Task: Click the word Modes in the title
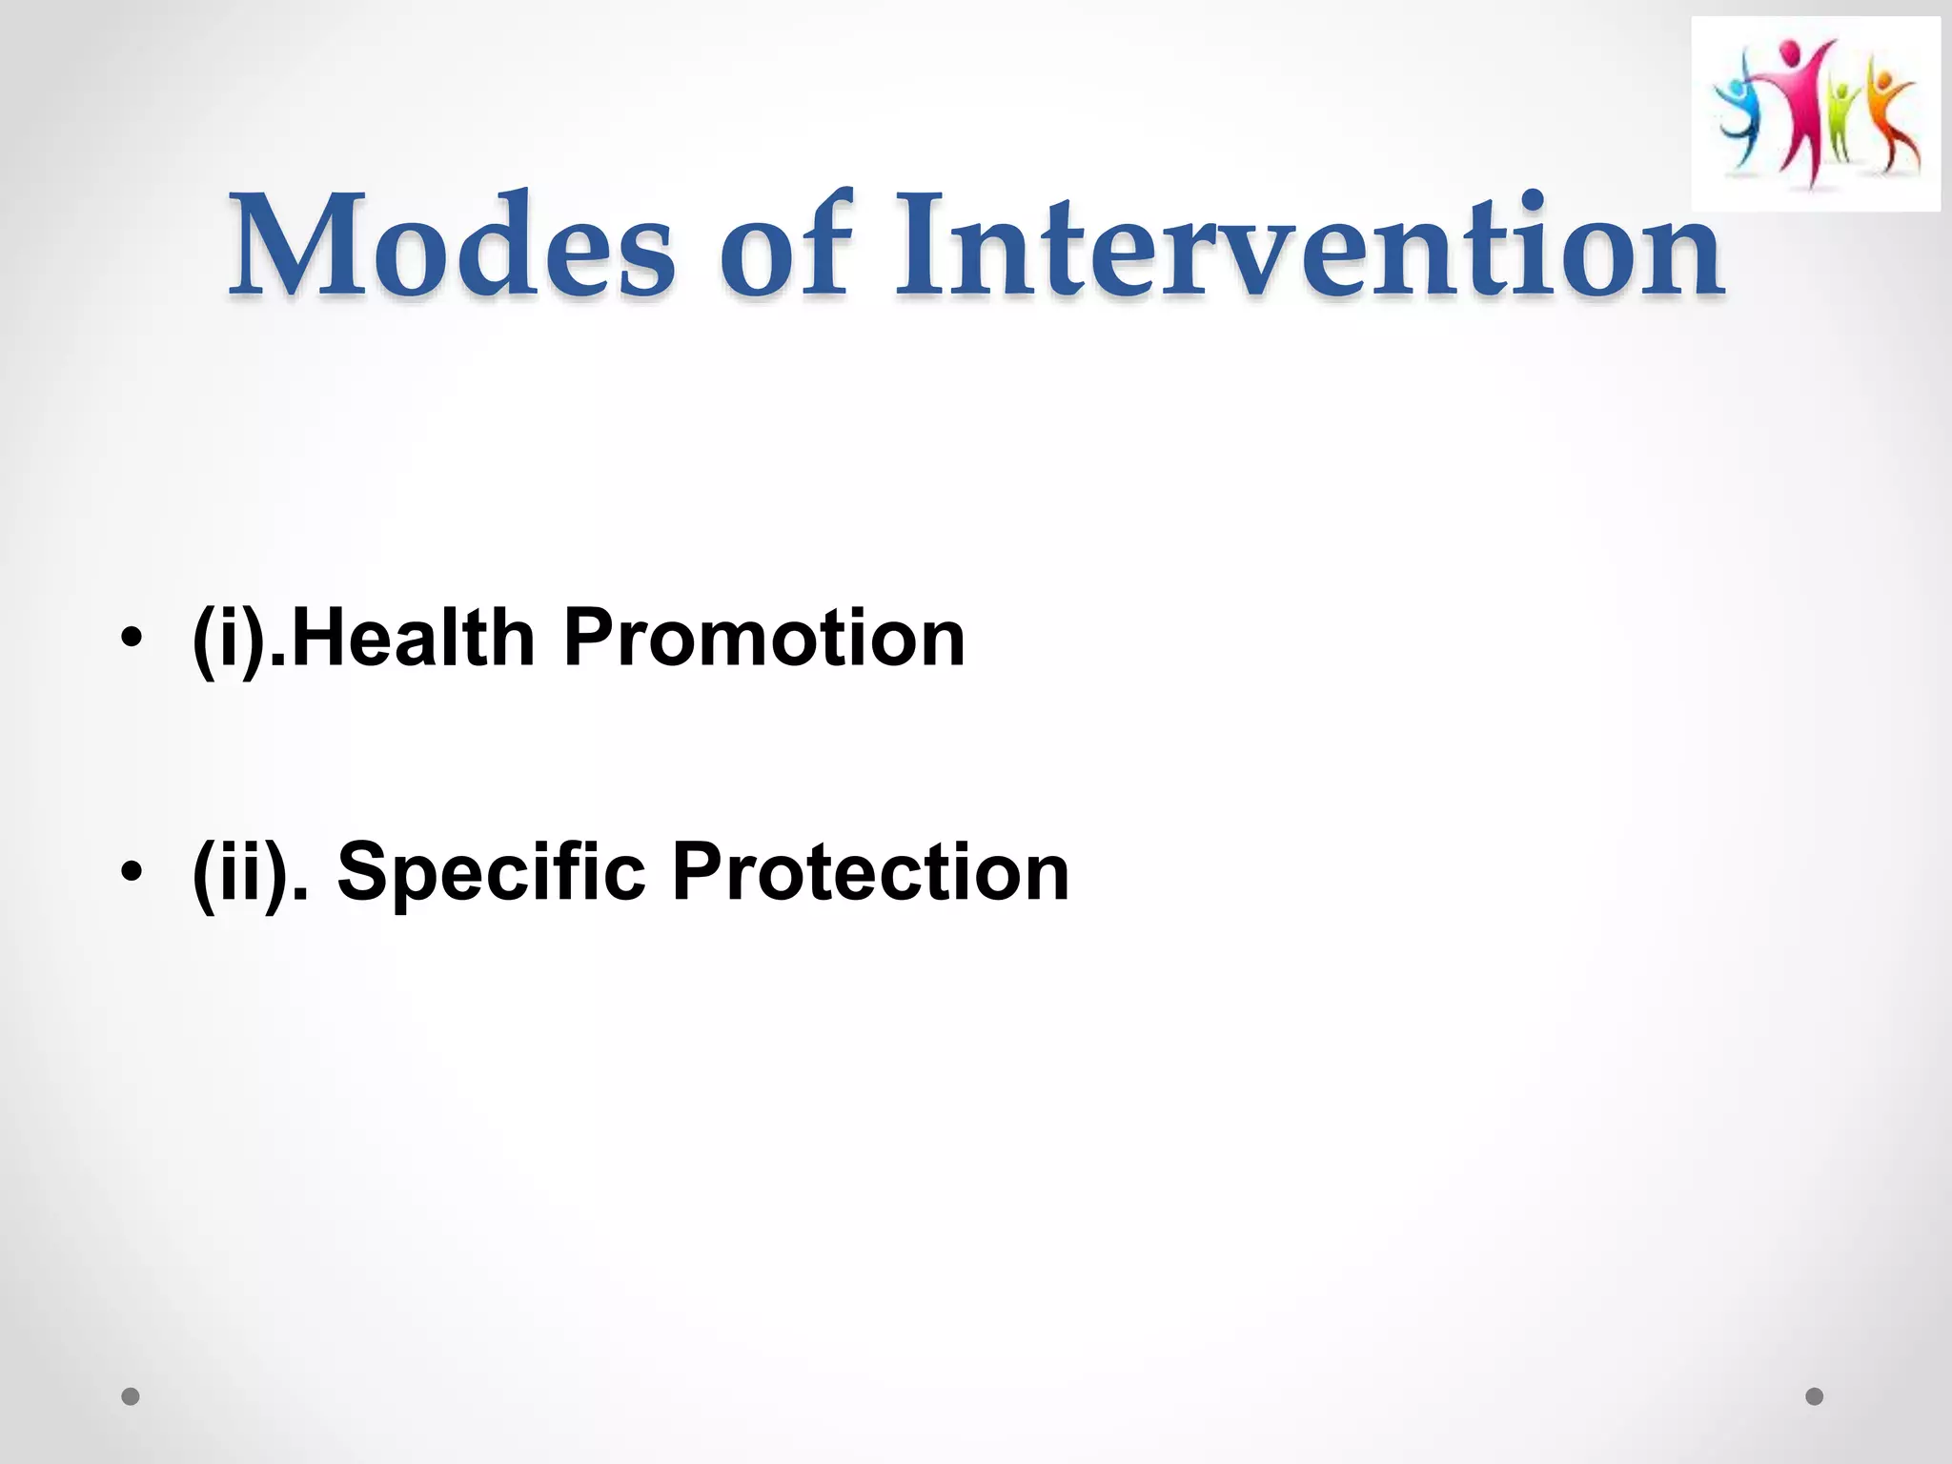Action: tap(452, 245)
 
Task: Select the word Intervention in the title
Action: tap(1308, 245)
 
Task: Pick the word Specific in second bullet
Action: tap(491, 870)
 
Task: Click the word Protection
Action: tap(870, 870)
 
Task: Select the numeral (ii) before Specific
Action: tap(242, 872)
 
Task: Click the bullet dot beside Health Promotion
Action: tap(132, 638)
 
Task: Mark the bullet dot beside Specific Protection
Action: tap(132, 871)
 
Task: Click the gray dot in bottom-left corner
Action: tap(131, 1396)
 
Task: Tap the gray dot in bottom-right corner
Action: tap(1815, 1396)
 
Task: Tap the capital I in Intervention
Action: tap(920, 245)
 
